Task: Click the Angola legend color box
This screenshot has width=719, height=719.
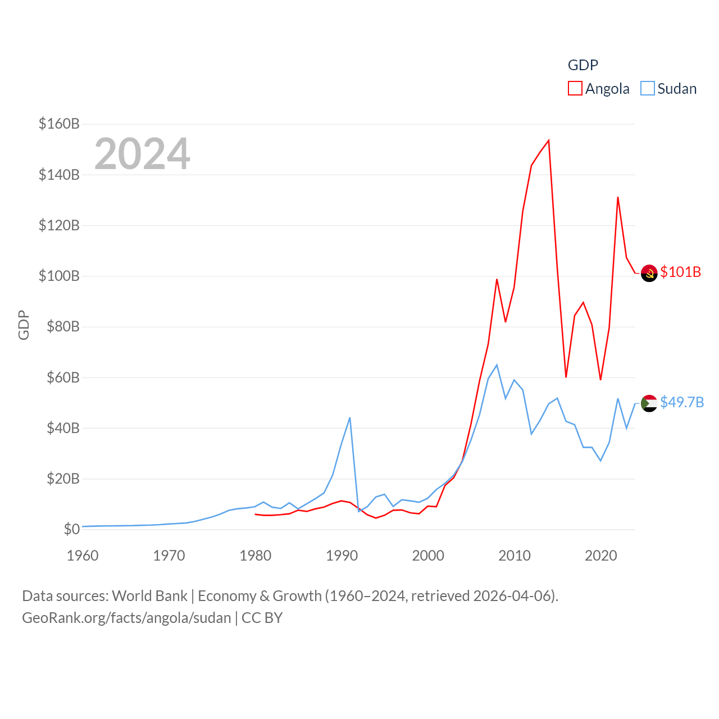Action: pyautogui.click(x=575, y=88)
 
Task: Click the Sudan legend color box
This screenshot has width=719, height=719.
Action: pyautogui.click(x=648, y=88)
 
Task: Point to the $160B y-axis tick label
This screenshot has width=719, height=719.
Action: pyautogui.click(x=59, y=124)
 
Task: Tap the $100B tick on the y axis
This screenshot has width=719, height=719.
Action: pyautogui.click(x=59, y=276)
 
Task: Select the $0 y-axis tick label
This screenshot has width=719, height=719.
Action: pyautogui.click(x=71, y=529)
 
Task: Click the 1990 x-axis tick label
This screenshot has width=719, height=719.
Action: pyautogui.click(x=342, y=556)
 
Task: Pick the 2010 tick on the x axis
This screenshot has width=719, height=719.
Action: pyautogui.click(x=515, y=556)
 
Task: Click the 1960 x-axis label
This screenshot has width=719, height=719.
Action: pyautogui.click(x=83, y=556)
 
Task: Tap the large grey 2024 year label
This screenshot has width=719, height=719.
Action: pyautogui.click(x=142, y=154)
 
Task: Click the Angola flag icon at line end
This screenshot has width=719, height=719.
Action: pyautogui.click(x=649, y=273)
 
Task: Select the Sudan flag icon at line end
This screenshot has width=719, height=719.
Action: pyautogui.click(x=649, y=403)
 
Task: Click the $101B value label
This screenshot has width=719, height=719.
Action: pyautogui.click(x=681, y=272)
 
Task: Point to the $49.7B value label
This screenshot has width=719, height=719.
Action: pyautogui.click(x=682, y=402)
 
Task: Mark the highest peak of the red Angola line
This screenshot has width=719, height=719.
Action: pyautogui.click(x=549, y=140)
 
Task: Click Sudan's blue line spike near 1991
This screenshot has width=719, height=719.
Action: pyautogui.click(x=350, y=418)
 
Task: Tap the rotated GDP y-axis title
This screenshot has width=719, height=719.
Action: pyautogui.click(x=24, y=325)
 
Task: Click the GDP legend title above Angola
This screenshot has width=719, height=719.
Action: pyautogui.click(x=583, y=65)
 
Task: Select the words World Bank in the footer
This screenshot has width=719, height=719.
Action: pyautogui.click(x=150, y=595)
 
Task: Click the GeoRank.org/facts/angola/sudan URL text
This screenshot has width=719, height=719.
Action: pyautogui.click(x=126, y=618)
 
